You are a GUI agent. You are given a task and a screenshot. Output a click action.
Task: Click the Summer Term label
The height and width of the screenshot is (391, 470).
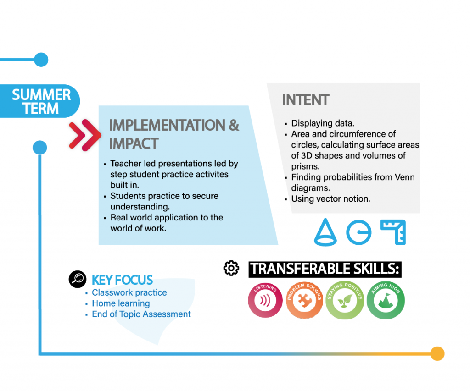(x=40, y=101)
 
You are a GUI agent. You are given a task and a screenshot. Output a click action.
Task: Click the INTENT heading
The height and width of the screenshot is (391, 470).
(x=305, y=99)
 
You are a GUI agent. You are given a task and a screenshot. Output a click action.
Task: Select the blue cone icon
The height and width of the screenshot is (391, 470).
(x=325, y=232)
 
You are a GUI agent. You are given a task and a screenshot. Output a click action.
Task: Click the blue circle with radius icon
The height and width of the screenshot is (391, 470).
(x=359, y=232)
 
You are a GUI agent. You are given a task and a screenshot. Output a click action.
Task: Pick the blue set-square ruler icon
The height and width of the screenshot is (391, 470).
(x=393, y=232)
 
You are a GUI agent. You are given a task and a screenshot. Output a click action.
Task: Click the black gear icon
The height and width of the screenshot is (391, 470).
(x=231, y=268)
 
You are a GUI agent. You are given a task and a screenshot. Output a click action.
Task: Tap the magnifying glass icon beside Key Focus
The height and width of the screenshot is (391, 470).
(x=78, y=279)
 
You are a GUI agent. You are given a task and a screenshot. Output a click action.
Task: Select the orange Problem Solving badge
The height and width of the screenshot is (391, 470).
(x=305, y=300)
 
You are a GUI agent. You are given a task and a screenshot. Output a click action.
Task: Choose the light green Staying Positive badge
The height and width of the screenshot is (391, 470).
(x=345, y=300)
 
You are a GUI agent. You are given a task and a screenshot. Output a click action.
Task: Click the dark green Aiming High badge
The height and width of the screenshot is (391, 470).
(x=386, y=300)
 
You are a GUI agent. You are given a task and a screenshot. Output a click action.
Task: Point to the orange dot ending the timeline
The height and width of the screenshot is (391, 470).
(x=437, y=353)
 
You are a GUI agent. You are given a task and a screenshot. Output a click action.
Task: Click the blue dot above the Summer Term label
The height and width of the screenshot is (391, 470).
(x=41, y=60)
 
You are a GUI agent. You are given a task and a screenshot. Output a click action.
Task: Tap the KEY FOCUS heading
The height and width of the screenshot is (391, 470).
(x=122, y=280)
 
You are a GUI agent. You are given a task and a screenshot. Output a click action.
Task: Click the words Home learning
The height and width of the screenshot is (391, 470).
(x=121, y=303)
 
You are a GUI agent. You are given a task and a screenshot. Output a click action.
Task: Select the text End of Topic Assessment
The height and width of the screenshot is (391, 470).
(x=141, y=314)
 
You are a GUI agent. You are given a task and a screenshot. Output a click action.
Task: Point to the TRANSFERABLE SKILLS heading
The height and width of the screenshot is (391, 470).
(x=325, y=270)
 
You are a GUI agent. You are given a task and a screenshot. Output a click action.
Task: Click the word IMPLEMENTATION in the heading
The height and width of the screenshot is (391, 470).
(x=167, y=125)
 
